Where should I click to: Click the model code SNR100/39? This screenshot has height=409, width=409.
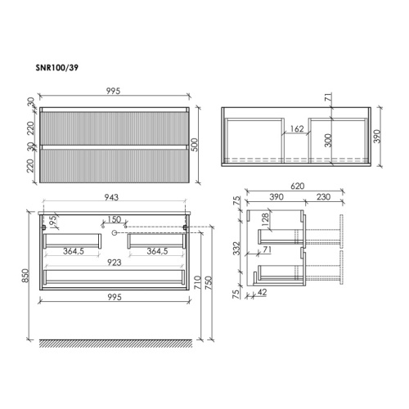pyautogui.click(x=56, y=68)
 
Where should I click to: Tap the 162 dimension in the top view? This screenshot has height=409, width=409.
pyautogui.click(x=297, y=128)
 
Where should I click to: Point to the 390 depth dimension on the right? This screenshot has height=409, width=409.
pyautogui.click(x=377, y=137)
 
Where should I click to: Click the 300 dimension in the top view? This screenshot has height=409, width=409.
pyautogui.click(x=328, y=141)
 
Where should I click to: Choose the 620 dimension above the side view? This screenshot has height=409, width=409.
pyautogui.click(x=297, y=186)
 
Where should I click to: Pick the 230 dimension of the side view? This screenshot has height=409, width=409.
pyautogui.click(x=323, y=197)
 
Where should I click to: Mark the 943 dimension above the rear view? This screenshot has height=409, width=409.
pyautogui.click(x=111, y=197)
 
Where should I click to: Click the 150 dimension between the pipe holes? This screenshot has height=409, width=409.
pyautogui.click(x=114, y=219)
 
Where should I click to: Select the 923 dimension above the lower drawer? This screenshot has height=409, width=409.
pyautogui.click(x=115, y=263)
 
